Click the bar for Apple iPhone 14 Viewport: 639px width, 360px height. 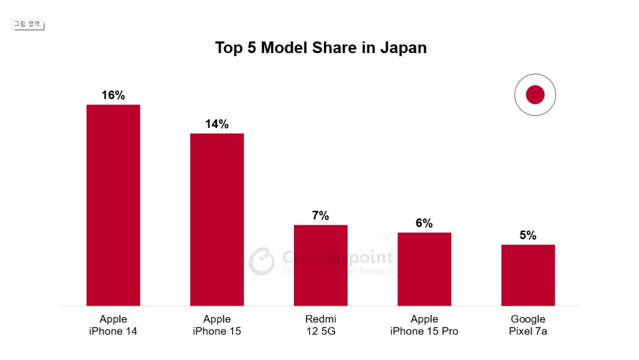(x=113, y=205)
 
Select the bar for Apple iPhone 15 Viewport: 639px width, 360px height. (x=217, y=220)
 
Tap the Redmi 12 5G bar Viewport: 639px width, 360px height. (x=320, y=265)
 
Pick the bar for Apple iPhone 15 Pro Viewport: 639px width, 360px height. (x=424, y=269)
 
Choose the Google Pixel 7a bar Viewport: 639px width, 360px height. (x=527, y=275)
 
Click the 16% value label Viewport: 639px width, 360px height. (x=113, y=95)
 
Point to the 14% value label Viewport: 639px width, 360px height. (x=217, y=124)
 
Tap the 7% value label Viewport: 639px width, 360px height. (x=320, y=216)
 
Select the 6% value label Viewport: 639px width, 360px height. (x=424, y=223)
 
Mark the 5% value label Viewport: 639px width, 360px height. (x=527, y=236)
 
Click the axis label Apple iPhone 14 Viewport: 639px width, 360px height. (x=113, y=325)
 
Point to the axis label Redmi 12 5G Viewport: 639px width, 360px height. (x=320, y=325)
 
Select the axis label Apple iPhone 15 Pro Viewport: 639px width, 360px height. (x=424, y=325)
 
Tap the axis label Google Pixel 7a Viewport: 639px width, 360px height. (x=527, y=325)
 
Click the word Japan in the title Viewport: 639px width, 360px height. (x=403, y=48)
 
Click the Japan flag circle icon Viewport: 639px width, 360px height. (x=535, y=95)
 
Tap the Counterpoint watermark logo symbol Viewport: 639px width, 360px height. (x=261, y=261)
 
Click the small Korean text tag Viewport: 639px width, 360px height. (x=28, y=24)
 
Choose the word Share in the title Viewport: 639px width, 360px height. (x=336, y=48)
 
